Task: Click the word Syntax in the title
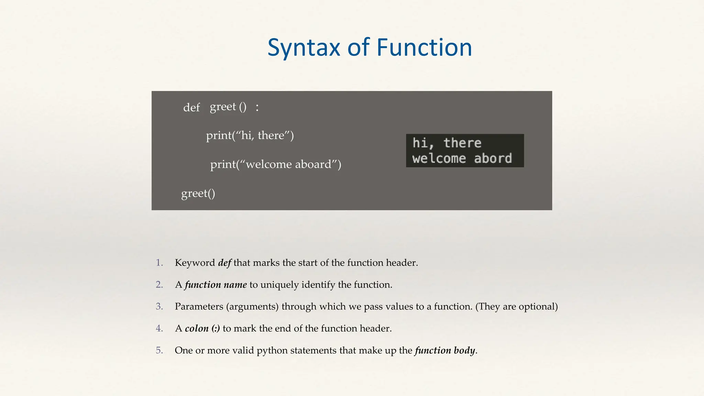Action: [304, 47]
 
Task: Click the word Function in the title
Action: [424, 47]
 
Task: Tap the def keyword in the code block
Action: [191, 108]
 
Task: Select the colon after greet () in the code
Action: [257, 108]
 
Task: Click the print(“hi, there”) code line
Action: [250, 135]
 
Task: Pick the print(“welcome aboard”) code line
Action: [276, 164]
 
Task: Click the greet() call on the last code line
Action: [198, 193]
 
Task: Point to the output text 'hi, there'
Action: [447, 143]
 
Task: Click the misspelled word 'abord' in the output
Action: [493, 158]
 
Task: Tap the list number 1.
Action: [159, 263]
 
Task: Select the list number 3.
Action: [159, 306]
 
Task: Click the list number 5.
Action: [159, 350]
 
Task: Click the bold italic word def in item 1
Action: [224, 263]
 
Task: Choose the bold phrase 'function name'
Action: [216, 285]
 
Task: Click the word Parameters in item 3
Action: [199, 306]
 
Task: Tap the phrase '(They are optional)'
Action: [516, 306]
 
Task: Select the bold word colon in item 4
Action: [197, 328]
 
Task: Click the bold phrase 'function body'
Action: [445, 350]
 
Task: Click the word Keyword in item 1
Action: [195, 263]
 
